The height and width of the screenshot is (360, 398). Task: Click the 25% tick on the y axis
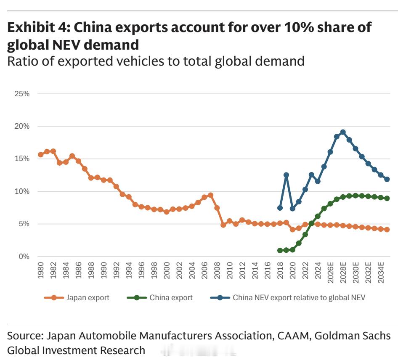point(22,94)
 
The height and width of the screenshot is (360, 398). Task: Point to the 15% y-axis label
point(22,159)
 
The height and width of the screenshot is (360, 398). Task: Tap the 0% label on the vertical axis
point(24,257)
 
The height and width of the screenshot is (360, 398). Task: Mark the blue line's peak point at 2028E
point(343,132)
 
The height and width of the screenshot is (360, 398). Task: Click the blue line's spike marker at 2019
point(286,175)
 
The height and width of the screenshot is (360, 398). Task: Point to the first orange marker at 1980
point(41,155)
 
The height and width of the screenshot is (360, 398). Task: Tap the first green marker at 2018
point(280,250)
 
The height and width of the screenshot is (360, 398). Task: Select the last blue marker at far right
point(387,179)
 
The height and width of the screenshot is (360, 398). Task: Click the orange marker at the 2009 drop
point(223,225)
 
